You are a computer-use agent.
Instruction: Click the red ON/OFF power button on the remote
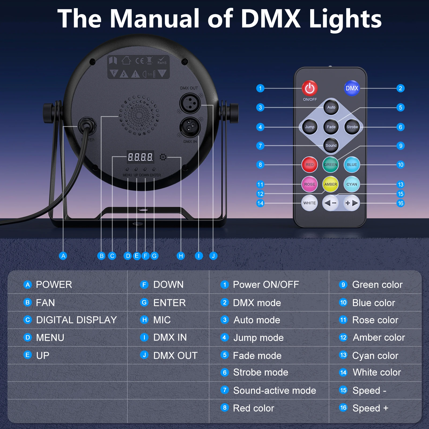coord(310,88)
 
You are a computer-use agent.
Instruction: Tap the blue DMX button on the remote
coord(352,88)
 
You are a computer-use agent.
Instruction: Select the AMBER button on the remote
coord(330,184)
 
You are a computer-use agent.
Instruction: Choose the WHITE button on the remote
coord(309,203)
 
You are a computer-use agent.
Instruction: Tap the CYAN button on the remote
coord(352,184)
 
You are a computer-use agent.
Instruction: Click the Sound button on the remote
coord(331,146)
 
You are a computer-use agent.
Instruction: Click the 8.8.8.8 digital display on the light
coord(140,157)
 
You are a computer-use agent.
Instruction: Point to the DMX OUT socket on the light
coord(190,103)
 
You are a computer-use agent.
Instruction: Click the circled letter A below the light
coord(63,256)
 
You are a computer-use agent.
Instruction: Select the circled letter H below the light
coord(181,256)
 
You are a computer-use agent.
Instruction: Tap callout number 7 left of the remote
coord(260,146)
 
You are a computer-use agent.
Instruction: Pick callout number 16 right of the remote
coord(401,203)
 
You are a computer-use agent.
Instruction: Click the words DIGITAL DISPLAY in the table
coord(76,320)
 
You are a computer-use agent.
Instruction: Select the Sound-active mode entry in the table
coord(275,390)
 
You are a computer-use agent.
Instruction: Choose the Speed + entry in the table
coord(370,408)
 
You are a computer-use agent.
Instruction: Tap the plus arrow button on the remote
coord(351,203)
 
